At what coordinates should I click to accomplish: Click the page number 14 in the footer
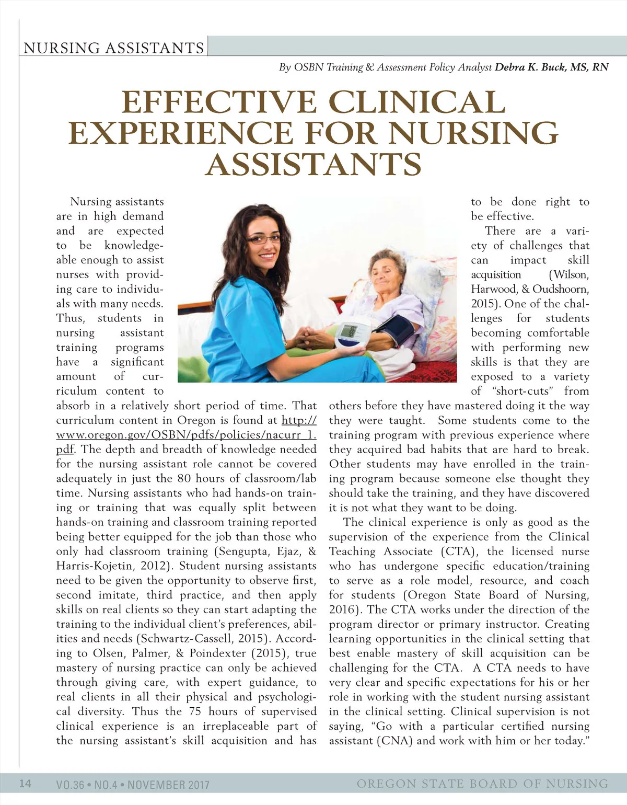click(x=25, y=783)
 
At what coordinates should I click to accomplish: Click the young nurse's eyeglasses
click(x=263, y=239)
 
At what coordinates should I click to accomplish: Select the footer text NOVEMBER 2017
click(x=168, y=784)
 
